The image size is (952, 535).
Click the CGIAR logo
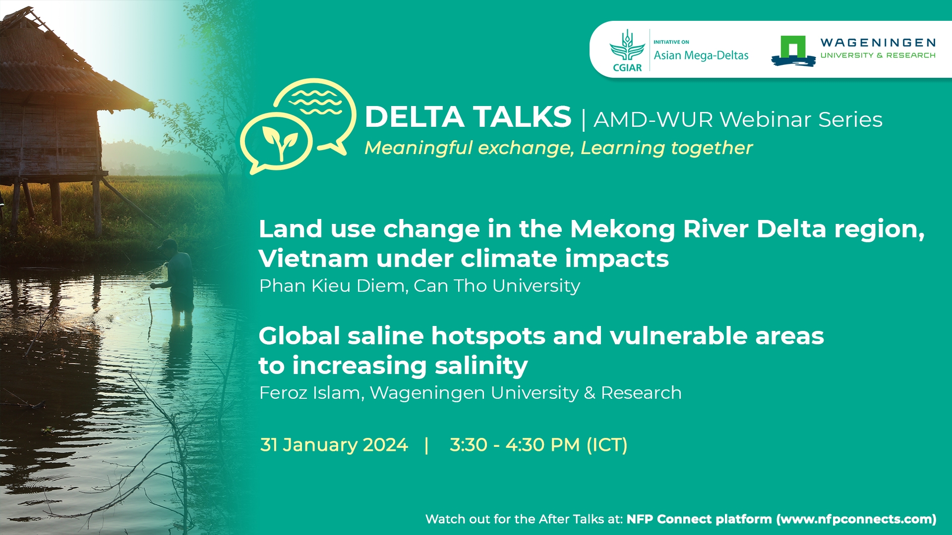click(x=627, y=51)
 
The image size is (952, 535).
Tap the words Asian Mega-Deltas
click(x=701, y=55)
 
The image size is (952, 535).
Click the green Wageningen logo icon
click(x=793, y=51)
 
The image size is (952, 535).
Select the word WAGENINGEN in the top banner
click(x=878, y=43)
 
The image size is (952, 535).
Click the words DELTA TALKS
click(x=468, y=117)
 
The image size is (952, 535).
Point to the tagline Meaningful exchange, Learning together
click(x=558, y=148)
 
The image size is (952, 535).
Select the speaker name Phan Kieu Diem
click(x=332, y=286)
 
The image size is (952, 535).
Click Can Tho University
click(x=497, y=286)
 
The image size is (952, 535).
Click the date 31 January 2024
click(x=334, y=445)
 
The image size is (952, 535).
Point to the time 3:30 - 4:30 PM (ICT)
click(x=538, y=445)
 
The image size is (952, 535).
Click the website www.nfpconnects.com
click(x=856, y=519)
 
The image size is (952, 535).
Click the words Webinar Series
click(x=801, y=119)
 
